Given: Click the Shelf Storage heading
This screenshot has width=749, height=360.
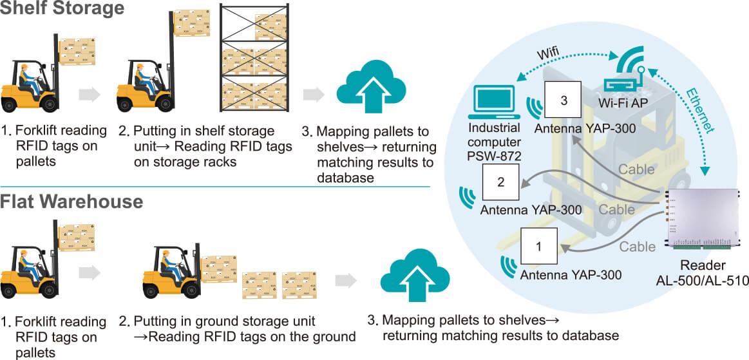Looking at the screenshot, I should tap(62, 8).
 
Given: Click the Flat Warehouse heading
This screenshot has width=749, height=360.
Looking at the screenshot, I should tap(71, 202).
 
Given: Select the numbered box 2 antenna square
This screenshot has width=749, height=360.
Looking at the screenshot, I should tap(500, 182).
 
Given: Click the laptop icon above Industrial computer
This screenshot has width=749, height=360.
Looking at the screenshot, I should tap(493, 100).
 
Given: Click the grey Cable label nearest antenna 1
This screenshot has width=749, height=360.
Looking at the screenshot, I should tap(638, 247).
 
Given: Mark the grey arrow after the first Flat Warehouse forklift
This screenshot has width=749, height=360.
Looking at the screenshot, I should tap(90, 272).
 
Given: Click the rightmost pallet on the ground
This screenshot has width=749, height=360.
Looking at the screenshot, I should tap(299, 285).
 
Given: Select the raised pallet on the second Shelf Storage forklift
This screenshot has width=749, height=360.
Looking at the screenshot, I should tap(192, 23).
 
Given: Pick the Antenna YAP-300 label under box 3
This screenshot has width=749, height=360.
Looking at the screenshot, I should tap(585, 129).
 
